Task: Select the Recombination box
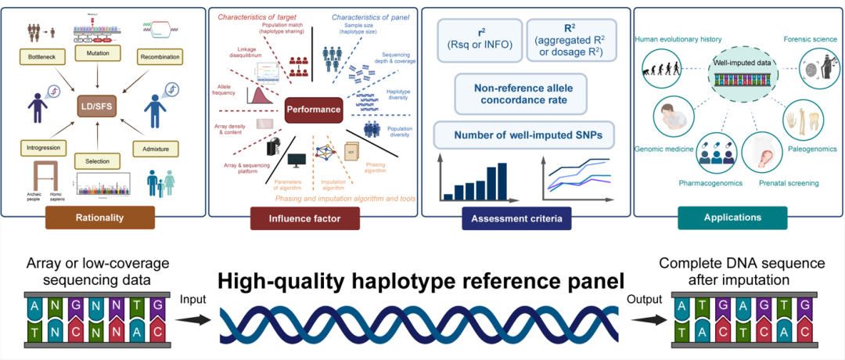[160, 57]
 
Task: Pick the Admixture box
[160, 147]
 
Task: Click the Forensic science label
[808, 38]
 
